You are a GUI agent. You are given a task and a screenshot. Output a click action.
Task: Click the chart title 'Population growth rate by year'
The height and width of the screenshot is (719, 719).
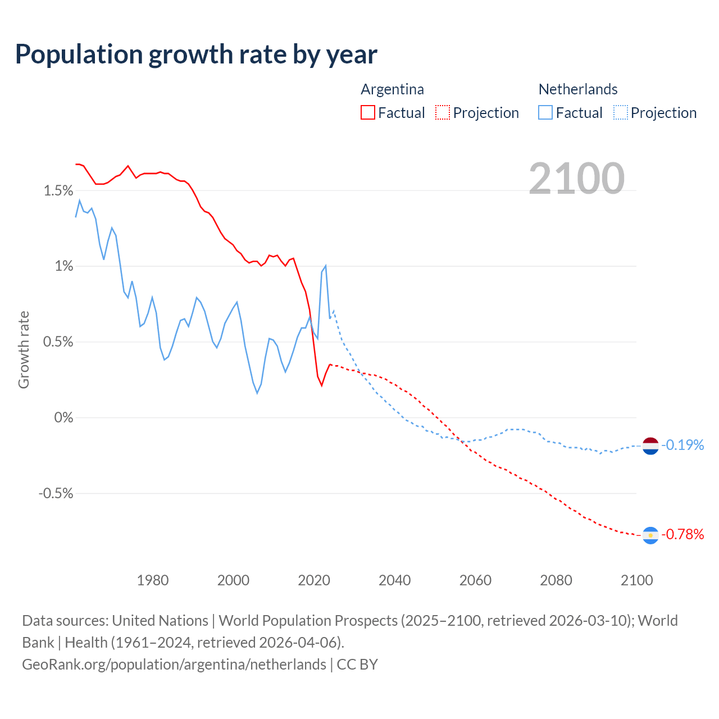tap(196, 54)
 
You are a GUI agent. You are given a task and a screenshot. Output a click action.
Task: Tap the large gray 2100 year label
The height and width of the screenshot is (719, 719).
tap(576, 179)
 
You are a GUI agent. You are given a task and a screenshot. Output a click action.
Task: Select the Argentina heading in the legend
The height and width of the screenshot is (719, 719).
tap(392, 89)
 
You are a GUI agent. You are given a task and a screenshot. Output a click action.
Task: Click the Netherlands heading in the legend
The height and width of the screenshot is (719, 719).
tap(577, 89)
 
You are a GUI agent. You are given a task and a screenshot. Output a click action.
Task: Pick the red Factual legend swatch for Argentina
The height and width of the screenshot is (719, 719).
tap(368, 112)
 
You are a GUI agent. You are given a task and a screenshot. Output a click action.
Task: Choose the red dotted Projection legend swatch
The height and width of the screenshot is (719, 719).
tap(443, 112)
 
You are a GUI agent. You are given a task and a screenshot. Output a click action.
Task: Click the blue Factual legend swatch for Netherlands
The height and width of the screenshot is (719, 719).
tap(545, 112)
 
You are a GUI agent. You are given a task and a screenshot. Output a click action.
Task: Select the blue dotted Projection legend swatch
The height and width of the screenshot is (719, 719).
tap(620, 112)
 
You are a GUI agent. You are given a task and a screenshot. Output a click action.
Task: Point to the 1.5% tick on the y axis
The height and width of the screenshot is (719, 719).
tap(58, 191)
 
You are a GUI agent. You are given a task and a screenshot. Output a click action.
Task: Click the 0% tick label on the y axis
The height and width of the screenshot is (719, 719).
tap(63, 417)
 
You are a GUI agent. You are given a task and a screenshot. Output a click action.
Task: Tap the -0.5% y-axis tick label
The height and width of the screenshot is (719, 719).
tap(56, 493)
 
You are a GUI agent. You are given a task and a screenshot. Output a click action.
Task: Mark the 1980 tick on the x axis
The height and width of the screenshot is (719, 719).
tap(153, 580)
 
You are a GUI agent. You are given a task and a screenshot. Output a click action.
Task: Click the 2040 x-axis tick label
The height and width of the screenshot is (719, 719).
tap(395, 580)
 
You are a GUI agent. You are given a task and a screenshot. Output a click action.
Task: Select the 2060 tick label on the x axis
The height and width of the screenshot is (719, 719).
tap(475, 580)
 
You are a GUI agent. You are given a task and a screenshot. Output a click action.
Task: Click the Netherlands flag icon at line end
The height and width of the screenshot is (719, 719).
tap(650, 445)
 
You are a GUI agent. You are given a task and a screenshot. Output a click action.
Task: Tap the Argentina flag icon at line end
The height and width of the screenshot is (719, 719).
tap(650, 535)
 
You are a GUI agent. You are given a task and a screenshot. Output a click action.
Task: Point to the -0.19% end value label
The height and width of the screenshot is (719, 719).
tap(682, 445)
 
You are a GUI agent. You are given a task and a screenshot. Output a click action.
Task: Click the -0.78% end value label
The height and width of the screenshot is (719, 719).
tap(682, 534)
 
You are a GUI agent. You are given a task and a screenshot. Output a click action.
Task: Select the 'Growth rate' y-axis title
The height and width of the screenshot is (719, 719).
tap(24, 349)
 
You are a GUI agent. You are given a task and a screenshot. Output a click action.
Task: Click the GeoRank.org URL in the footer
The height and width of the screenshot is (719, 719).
tap(174, 665)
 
